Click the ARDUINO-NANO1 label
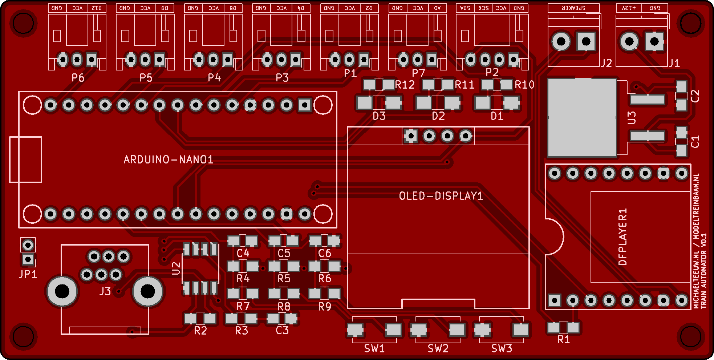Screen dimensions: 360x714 (x=168, y=159)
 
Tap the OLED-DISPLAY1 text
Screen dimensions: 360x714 (x=441, y=196)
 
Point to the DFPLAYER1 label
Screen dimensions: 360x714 (x=622, y=237)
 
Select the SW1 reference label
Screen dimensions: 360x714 (x=374, y=349)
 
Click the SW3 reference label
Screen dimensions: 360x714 (x=502, y=349)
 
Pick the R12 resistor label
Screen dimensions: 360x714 (x=405, y=85)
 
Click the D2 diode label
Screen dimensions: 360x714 (x=438, y=116)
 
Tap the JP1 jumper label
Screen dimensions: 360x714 (x=28, y=274)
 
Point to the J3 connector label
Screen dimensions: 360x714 (x=105, y=291)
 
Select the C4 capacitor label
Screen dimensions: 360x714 (x=243, y=253)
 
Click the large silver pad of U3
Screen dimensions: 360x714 (x=582, y=118)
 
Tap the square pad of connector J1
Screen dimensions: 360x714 (x=654, y=41)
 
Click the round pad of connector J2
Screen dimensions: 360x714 (x=561, y=41)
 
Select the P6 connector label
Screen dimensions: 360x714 (x=78, y=78)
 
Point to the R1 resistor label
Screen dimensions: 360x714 (x=564, y=340)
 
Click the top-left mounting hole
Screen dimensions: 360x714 (x=24, y=24)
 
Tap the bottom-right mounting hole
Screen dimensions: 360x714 (x=690, y=336)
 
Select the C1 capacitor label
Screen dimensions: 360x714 (x=695, y=142)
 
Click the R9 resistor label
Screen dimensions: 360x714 (x=325, y=307)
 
